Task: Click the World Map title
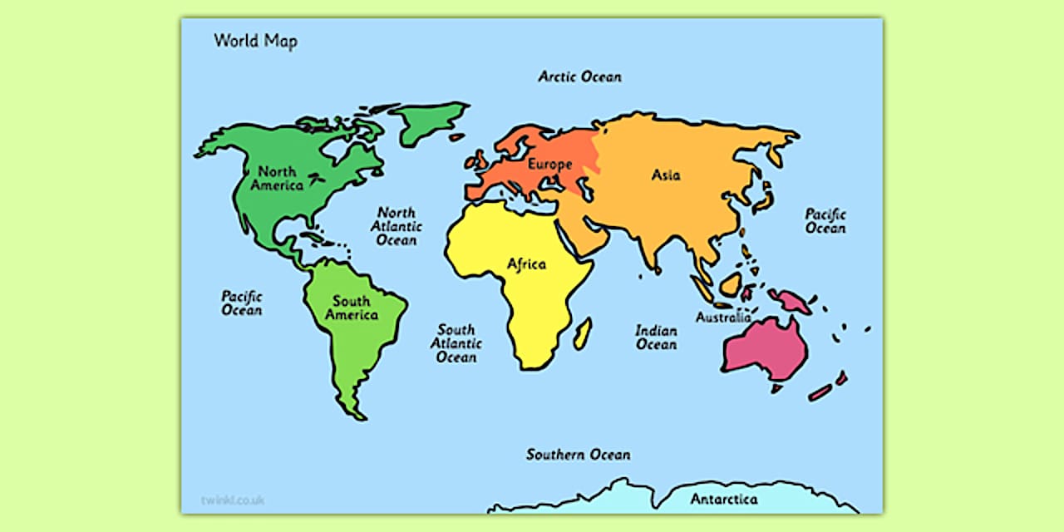coord(255,41)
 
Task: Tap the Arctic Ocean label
coord(579,76)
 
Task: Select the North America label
coord(277,178)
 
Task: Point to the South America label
coord(351,308)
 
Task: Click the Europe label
coord(549,165)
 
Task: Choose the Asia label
coord(666,175)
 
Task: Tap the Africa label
coord(527,264)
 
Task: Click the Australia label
coord(723,318)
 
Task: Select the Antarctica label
coord(724,499)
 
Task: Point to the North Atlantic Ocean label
coord(396,226)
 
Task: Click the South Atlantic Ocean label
coord(456,343)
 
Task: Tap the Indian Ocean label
coord(656,337)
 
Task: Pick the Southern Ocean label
coord(578,455)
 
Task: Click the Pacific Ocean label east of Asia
coord(825,220)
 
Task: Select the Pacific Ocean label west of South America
coord(241,303)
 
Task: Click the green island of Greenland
coord(426,121)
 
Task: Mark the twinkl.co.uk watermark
coord(232,500)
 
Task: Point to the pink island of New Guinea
coord(790,301)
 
